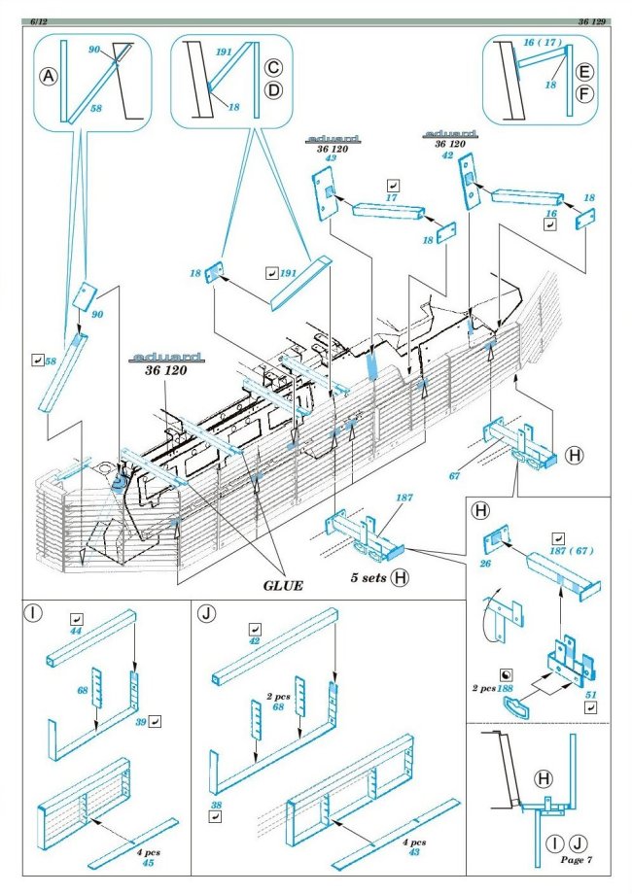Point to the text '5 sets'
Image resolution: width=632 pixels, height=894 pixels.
(x=369, y=576)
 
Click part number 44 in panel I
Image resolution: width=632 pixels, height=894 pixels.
(x=76, y=631)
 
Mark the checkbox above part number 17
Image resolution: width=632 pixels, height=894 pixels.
(x=392, y=184)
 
